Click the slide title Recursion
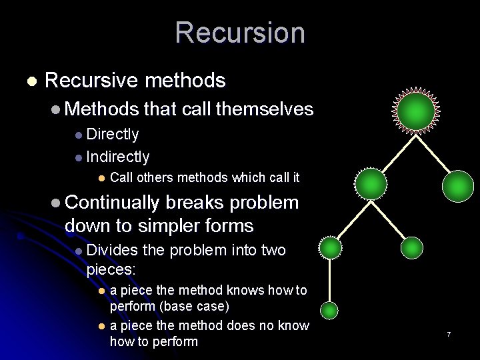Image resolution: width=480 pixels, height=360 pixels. point(240,33)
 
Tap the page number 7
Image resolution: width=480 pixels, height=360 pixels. point(449,333)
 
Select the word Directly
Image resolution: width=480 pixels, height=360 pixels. point(113,134)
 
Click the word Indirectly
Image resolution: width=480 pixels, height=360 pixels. point(118,157)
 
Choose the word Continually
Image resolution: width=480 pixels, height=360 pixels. point(113,203)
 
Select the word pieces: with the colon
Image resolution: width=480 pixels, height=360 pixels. point(111,269)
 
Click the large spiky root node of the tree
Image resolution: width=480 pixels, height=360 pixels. point(417,111)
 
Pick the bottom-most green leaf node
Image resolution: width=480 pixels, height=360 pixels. point(329,310)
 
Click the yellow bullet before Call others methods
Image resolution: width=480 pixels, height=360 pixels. point(101,178)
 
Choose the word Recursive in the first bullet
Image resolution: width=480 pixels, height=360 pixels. point(92,81)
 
